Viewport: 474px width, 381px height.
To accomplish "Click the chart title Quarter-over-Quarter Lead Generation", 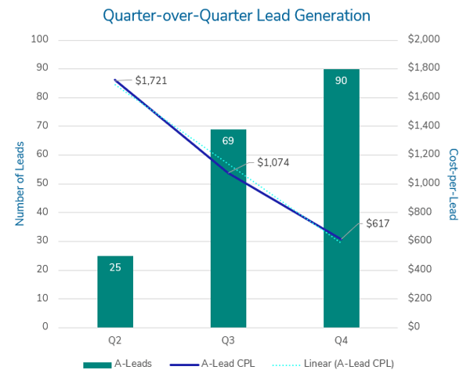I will point(237,15).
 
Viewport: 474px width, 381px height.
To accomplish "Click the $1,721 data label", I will point(151,80).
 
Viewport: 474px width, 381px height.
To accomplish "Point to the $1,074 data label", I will point(273,163).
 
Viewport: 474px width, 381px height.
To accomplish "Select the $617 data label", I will point(378,223).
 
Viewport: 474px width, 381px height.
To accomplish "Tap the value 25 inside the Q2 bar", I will point(115,267).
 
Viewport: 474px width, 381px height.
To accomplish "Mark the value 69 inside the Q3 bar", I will point(228,141).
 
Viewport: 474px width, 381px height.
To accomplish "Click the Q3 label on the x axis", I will point(228,342).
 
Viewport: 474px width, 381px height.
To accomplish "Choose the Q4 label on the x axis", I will point(341,342).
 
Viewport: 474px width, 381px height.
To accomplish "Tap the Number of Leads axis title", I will point(20,183).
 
